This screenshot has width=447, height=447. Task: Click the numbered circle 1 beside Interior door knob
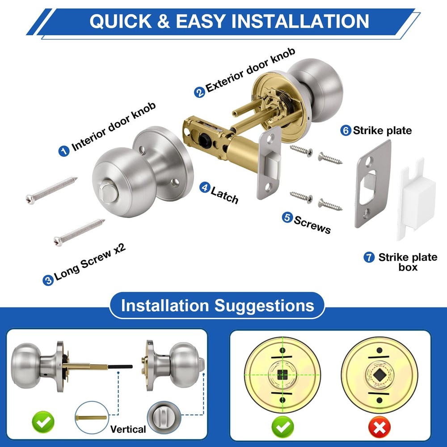click(x=64, y=151)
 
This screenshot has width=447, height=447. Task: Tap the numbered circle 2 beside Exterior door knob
click(x=199, y=92)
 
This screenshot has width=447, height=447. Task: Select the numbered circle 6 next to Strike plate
click(x=346, y=131)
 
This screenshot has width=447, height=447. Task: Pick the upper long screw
click(x=52, y=189)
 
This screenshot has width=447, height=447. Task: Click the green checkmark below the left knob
click(x=43, y=421)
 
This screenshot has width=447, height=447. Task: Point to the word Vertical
click(x=128, y=429)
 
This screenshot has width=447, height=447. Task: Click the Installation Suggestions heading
click(x=217, y=306)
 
